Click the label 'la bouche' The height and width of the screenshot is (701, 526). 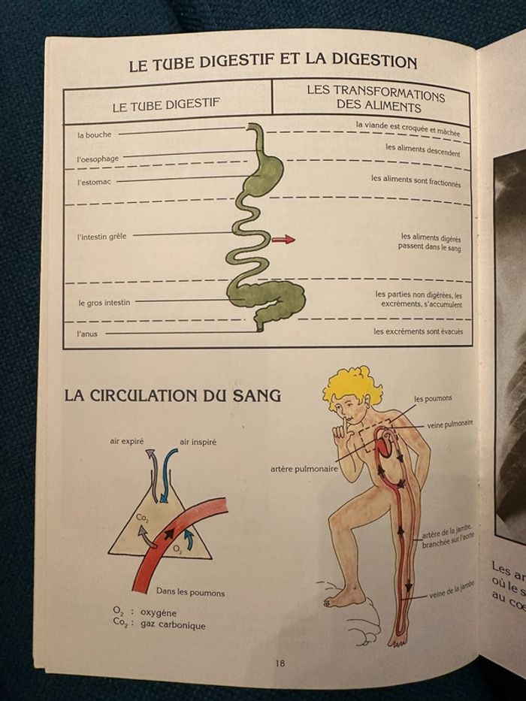click(95, 134)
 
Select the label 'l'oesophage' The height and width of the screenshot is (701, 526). click(98, 159)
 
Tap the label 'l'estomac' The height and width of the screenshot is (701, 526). click(94, 182)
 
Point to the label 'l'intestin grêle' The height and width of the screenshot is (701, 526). click(102, 237)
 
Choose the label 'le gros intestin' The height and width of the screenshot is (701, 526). click(104, 303)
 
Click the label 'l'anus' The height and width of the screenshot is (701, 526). click(86, 334)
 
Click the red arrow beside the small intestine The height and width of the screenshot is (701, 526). click(283, 240)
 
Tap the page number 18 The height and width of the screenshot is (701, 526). click(280, 663)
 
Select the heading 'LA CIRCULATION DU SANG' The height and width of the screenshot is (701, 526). click(173, 396)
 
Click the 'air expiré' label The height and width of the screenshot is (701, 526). click(127, 441)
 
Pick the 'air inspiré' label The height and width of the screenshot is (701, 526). click(198, 442)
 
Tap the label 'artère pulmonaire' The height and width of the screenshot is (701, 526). click(304, 470)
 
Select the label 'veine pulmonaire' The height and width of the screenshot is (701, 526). click(450, 424)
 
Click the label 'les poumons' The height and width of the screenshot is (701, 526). click(433, 398)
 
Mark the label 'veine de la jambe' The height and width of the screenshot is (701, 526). click(452, 590)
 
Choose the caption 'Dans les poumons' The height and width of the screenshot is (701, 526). click(191, 592)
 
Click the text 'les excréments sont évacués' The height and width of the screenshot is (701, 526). click(419, 332)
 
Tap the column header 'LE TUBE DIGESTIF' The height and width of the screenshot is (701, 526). click(166, 105)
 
